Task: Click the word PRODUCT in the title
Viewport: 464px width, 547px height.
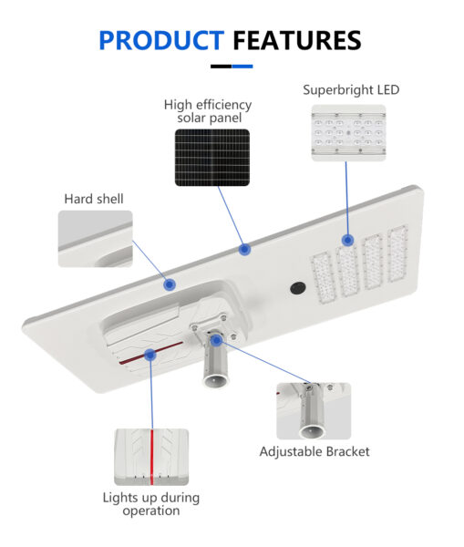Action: click(x=161, y=40)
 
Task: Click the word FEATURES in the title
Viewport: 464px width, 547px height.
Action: click(x=297, y=40)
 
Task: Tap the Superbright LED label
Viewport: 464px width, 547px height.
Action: click(x=351, y=89)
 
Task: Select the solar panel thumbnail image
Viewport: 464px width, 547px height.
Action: click(x=212, y=158)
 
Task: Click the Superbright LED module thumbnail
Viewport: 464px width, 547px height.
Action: click(x=348, y=132)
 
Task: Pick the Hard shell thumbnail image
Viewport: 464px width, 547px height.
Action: click(x=95, y=239)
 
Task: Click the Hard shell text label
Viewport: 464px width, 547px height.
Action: click(x=94, y=199)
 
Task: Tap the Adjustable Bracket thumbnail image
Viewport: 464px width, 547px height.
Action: click(x=314, y=411)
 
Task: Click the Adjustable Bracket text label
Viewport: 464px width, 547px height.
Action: click(x=314, y=451)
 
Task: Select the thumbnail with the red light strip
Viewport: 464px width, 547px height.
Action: click(x=151, y=457)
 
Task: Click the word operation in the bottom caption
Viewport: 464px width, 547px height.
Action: click(x=151, y=511)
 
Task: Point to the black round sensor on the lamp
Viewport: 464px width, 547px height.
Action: click(x=298, y=288)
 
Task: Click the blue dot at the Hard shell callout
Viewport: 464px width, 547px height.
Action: click(x=170, y=284)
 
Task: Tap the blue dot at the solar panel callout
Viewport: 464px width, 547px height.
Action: click(x=244, y=249)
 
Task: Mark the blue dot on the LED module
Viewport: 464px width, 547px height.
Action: click(x=347, y=240)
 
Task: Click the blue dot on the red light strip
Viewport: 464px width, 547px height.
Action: click(x=150, y=355)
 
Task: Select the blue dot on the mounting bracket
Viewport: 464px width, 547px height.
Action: click(x=216, y=340)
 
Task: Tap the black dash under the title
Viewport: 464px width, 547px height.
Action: click(x=222, y=67)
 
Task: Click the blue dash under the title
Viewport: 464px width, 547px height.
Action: click(x=242, y=67)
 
